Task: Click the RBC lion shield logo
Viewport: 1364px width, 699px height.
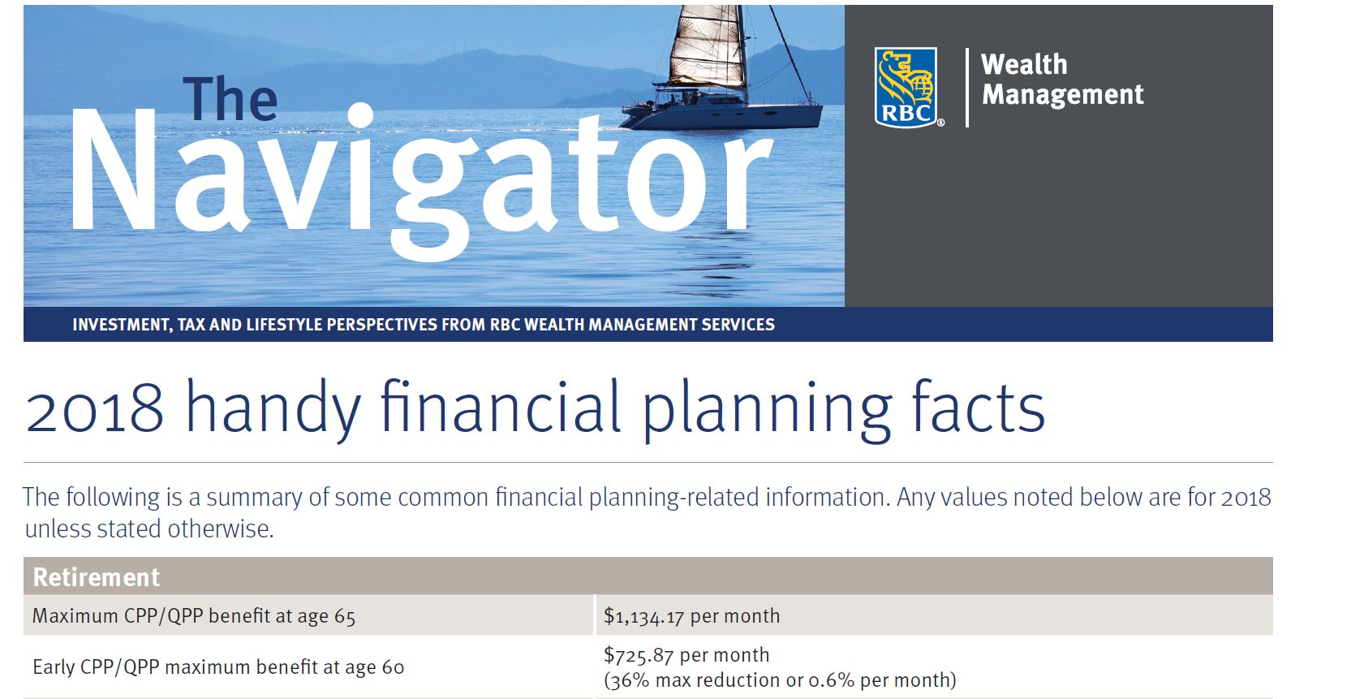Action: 906,87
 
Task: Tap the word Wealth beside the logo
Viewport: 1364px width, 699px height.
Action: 1024,65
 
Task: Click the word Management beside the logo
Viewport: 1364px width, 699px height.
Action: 1063,94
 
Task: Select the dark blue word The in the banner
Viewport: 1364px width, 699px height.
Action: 230,99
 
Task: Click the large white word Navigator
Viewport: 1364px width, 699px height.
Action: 420,177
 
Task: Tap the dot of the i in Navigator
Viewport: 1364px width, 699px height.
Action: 360,115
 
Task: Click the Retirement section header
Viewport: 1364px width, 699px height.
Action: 97,577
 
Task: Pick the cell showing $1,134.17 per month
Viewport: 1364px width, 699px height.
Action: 692,616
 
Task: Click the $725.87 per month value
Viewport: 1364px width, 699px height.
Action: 686,655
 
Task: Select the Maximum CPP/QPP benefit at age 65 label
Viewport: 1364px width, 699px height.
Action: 194,616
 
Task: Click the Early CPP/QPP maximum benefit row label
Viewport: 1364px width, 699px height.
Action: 218,667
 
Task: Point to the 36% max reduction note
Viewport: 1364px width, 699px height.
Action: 780,680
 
